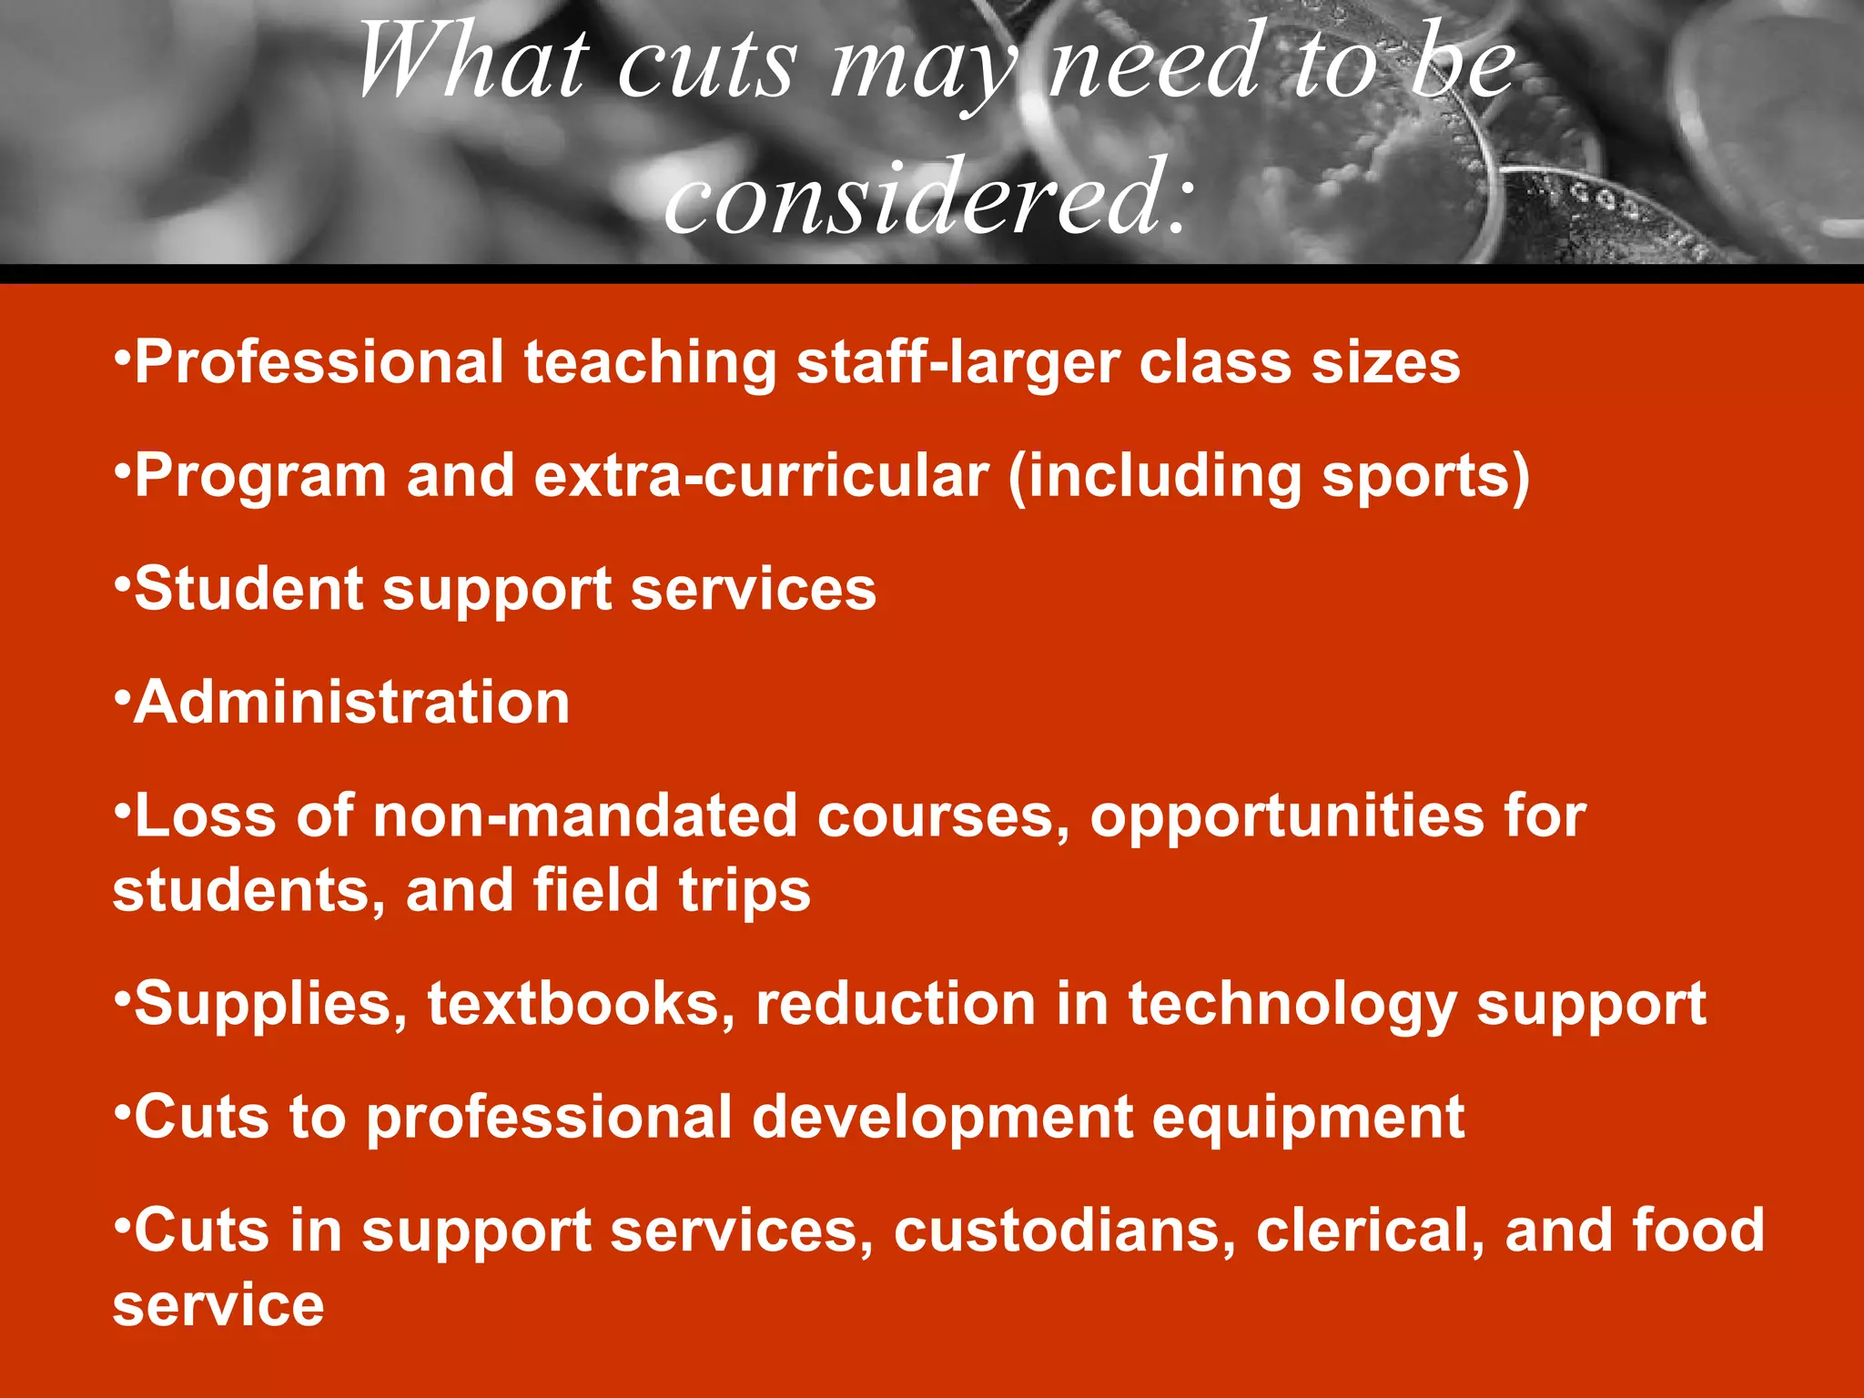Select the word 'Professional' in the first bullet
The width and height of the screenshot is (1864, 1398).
[x=319, y=362]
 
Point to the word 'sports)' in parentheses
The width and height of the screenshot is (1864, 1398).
[x=1425, y=476]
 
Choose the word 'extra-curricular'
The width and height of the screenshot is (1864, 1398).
[x=761, y=476]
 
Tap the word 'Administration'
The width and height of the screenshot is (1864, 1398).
[x=351, y=703]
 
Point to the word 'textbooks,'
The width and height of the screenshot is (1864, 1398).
[x=582, y=1004]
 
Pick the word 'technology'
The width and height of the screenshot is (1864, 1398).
[x=1292, y=1006]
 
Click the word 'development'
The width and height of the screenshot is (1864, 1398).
[x=942, y=1118]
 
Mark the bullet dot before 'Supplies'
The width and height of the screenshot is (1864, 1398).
[x=122, y=995]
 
